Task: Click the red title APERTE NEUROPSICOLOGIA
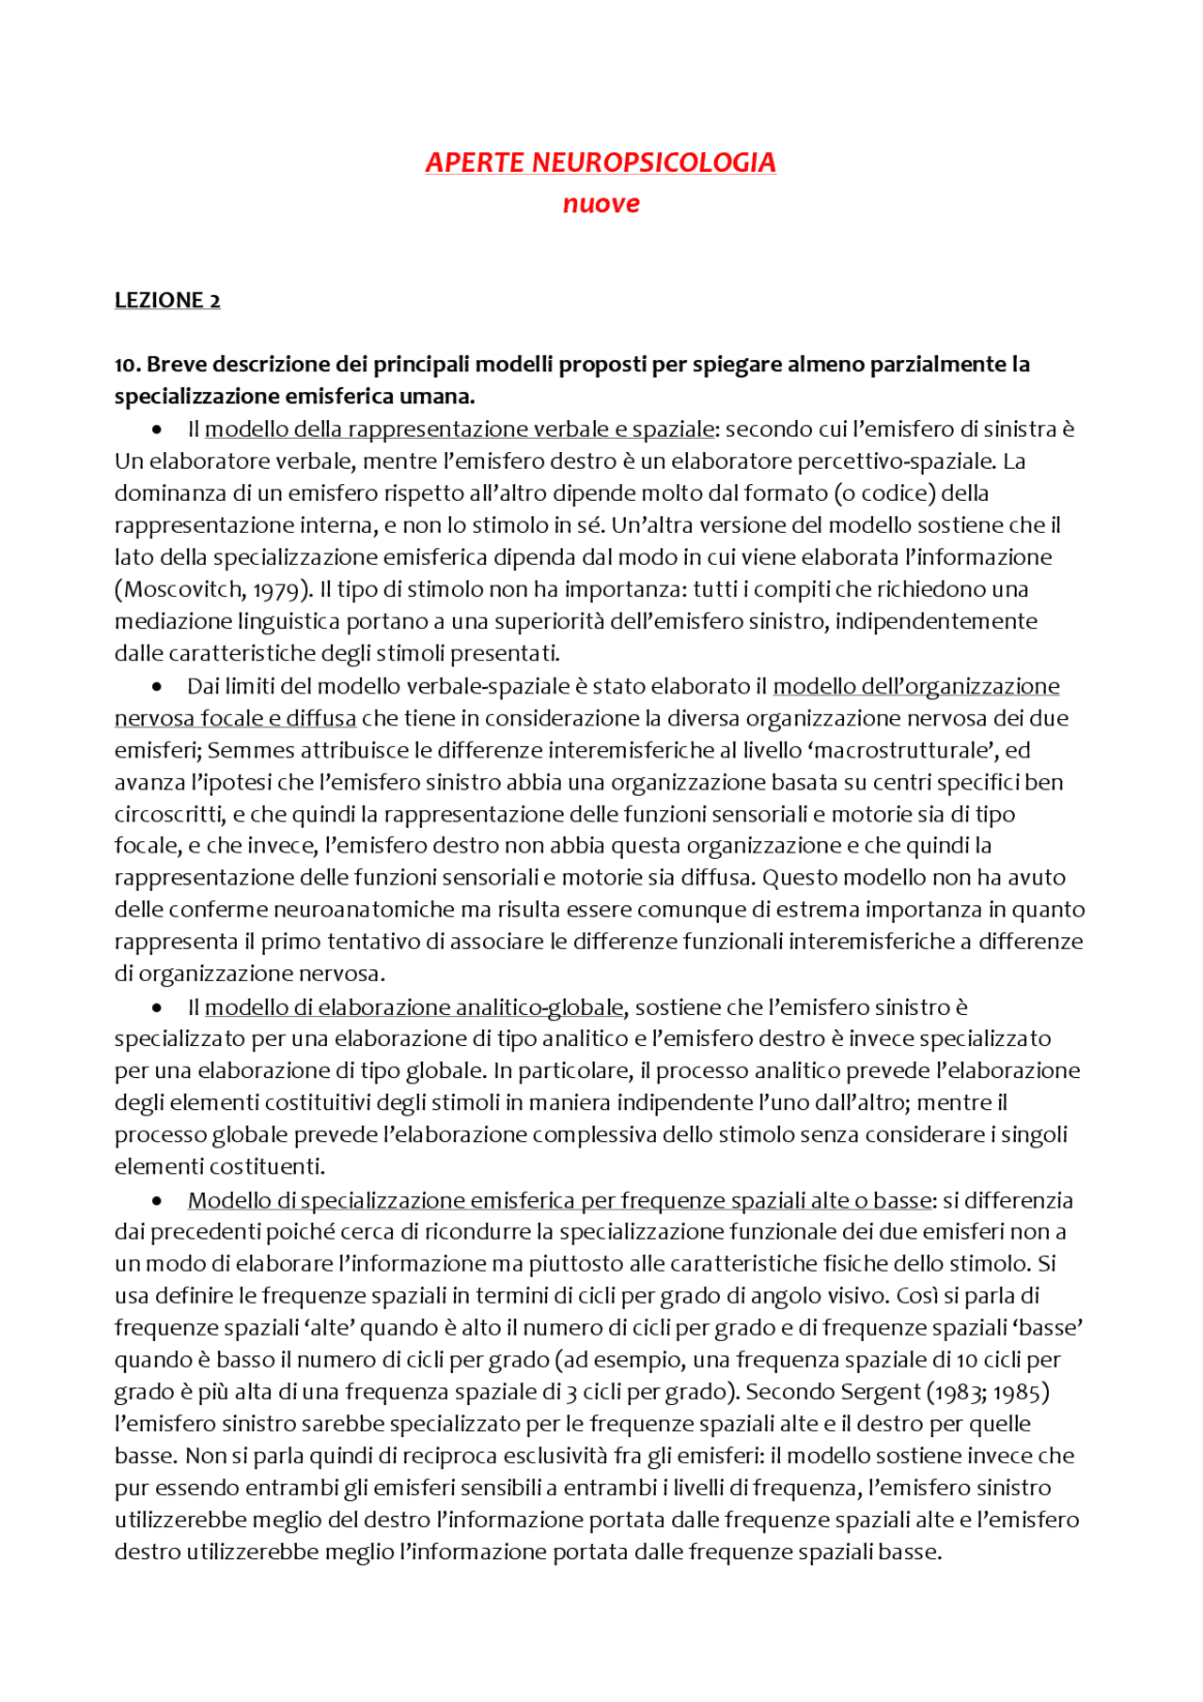[601, 163]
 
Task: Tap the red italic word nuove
[601, 204]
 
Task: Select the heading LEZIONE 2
[167, 301]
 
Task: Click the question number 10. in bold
[128, 365]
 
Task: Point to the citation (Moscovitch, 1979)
[213, 589]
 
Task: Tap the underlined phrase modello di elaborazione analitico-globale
[414, 1007]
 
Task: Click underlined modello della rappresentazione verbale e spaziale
[460, 429]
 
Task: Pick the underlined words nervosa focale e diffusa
[235, 718]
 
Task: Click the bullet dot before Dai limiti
[157, 687]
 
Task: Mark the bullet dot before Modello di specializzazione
[157, 1201]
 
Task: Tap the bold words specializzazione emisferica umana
[294, 397]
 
